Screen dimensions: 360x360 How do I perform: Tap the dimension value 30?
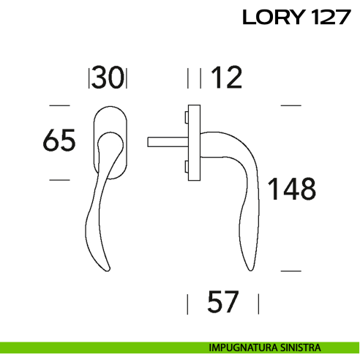coord(108,78)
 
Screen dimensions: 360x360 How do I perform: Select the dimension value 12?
coord(225,78)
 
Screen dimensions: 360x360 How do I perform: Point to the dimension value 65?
coord(59,140)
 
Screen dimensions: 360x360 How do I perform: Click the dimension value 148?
coord(290,189)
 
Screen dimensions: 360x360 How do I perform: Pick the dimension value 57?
coord(223,301)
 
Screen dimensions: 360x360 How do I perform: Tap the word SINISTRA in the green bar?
coord(299,348)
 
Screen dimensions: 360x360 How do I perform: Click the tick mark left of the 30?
coord(89,78)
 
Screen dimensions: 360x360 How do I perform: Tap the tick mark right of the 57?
coord(259,301)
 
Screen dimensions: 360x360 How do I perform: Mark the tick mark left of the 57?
coord(189,301)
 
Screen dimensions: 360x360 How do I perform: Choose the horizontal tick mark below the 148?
coord(291,270)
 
